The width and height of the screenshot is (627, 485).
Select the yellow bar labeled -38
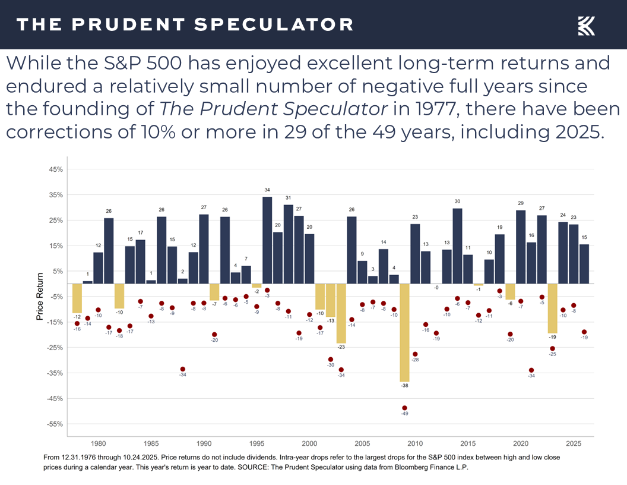click(404, 332)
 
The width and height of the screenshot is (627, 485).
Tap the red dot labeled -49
click(404, 408)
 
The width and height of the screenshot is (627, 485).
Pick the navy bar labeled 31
click(288, 244)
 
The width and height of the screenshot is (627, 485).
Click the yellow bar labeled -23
click(341, 313)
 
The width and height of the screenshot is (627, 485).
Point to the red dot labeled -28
click(415, 354)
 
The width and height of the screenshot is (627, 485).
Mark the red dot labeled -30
click(331, 359)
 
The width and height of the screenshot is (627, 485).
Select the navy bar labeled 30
click(457, 245)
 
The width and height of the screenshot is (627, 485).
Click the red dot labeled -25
click(552, 348)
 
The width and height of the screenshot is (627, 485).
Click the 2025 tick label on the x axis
click(574, 443)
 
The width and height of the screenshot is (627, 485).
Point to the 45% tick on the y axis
click(55, 169)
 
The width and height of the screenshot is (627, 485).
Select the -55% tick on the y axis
click(55, 424)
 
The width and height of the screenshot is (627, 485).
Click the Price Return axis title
click(40, 297)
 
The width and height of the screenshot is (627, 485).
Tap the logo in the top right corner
click(586, 25)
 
